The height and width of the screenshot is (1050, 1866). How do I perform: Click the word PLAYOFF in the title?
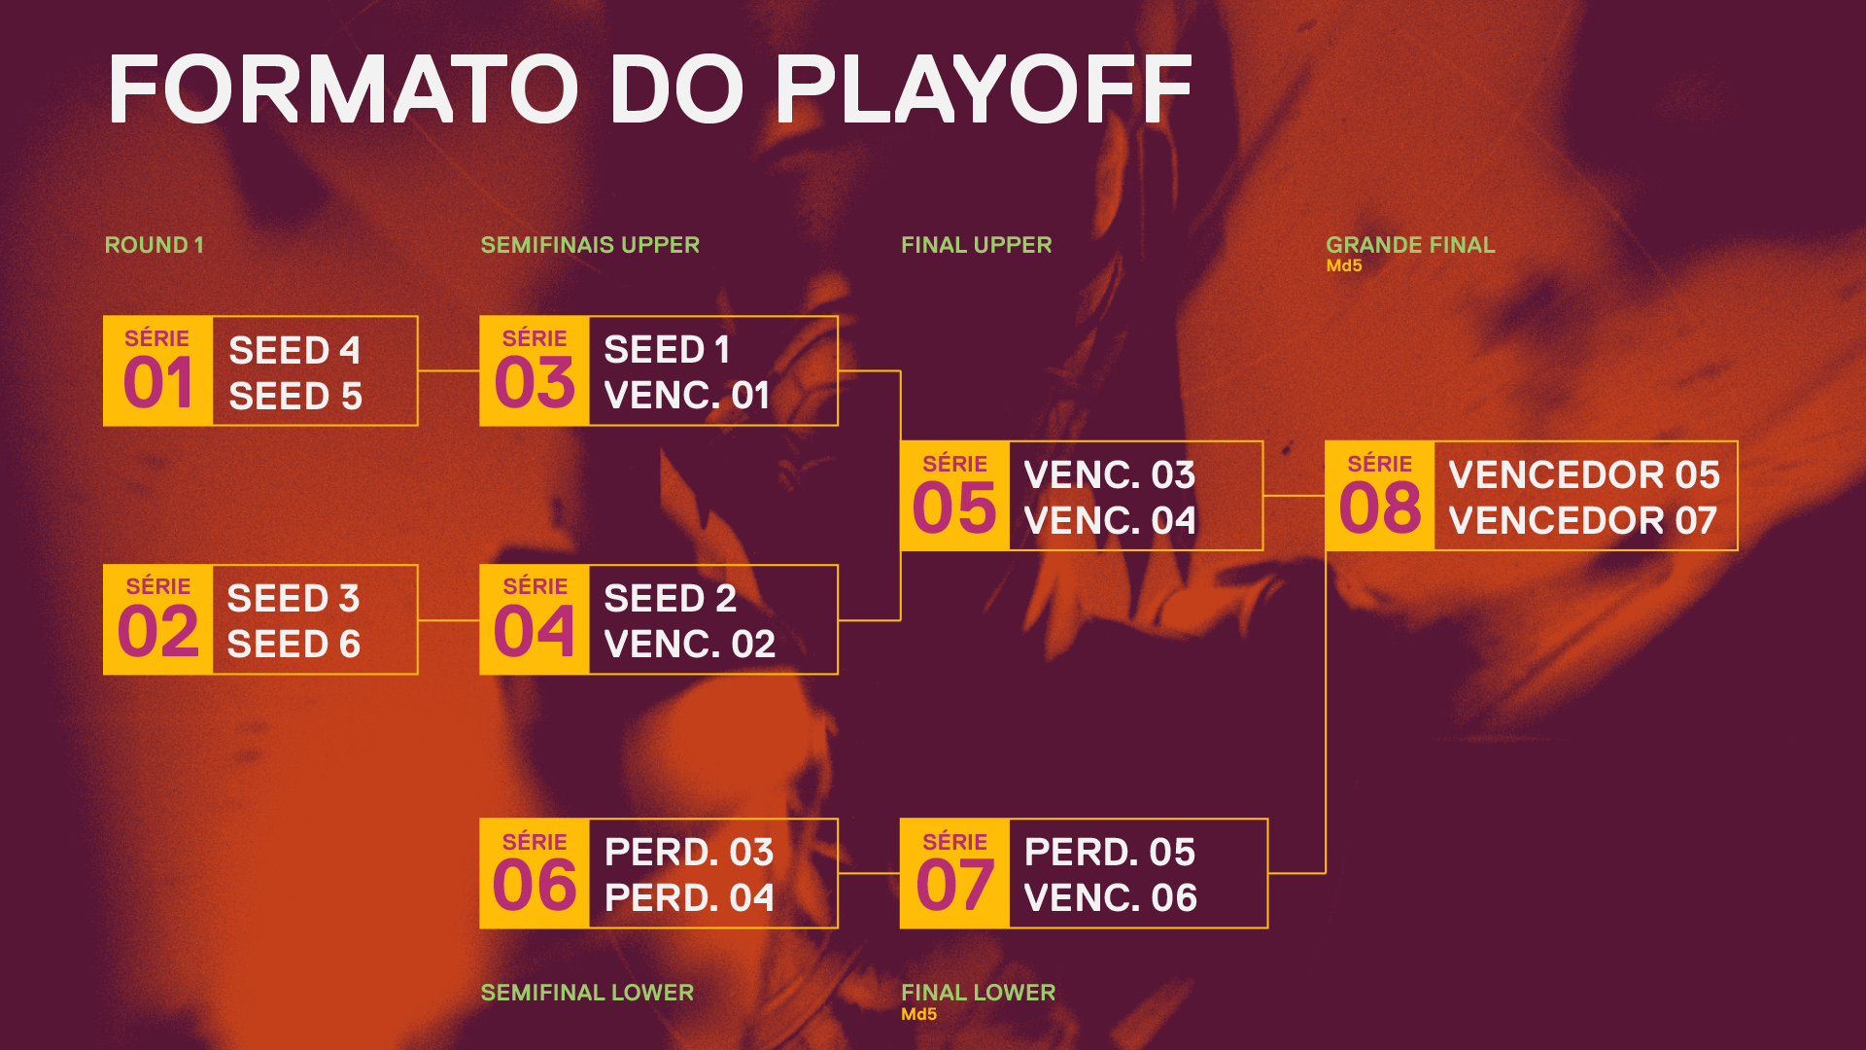[984, 88]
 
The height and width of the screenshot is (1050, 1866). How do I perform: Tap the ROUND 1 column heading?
[154, 245]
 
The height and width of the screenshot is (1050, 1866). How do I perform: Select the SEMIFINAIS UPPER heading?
[590, 245]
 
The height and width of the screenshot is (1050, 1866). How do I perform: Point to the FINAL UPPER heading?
[976, 245]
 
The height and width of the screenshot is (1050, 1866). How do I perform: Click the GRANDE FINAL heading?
[1410, 245]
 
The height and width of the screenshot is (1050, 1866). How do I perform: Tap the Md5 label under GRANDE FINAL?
[1344, 265]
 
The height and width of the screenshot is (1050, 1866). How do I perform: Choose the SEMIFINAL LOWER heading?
[587, 993]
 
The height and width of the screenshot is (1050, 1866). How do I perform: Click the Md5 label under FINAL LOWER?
[918, 1014]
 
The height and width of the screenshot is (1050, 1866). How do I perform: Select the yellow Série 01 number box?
[157, 370]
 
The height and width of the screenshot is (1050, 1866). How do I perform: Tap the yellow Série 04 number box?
[535, 619]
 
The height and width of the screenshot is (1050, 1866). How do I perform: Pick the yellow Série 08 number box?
[1380, 496]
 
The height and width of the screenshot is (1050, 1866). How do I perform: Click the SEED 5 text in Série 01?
[295, 397]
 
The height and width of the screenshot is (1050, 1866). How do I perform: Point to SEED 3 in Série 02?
[294, 598]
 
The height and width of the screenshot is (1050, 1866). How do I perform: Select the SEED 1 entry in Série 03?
[667, 349]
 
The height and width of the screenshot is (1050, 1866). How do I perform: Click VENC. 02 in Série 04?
[690, 644]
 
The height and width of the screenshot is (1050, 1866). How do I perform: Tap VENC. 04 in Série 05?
[1110, 520]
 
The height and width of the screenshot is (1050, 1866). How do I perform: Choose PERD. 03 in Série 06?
[689, 852]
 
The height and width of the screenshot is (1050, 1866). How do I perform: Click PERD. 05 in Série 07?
[1110, 852]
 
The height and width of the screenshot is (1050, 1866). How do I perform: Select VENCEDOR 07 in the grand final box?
[1583, 520]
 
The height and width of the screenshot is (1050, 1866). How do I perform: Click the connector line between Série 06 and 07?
[869, 873]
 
